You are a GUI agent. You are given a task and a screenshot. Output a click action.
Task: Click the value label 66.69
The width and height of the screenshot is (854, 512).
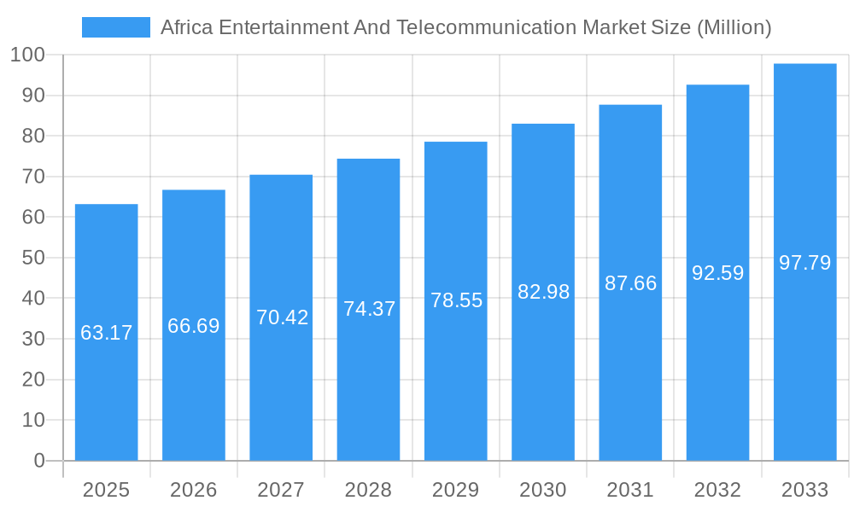[194, 326]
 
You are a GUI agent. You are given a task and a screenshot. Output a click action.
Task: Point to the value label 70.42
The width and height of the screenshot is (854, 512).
[282, 317]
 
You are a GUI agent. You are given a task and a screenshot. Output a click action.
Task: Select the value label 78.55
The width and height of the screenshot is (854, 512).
[456, 300]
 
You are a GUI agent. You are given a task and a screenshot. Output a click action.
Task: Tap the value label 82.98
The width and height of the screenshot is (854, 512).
[543, 292]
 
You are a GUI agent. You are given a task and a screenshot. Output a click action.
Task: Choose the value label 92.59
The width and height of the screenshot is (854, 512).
[717, 273]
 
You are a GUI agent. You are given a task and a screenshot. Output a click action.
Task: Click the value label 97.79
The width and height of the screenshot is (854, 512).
[804, 263]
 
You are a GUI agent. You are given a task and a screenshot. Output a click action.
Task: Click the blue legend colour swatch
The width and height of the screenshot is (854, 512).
[115, 27]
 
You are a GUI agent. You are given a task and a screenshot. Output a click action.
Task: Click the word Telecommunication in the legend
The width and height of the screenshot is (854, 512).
[487, 27]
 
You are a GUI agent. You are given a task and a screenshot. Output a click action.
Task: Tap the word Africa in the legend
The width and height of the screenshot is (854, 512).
[187, 27]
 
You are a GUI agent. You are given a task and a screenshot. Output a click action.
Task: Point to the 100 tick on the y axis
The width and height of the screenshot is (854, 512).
[27, 55]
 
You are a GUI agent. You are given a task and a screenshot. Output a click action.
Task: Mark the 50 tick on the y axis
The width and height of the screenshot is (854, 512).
[33, 258]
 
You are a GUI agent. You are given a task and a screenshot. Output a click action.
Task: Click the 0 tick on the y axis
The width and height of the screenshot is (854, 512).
[39, 461]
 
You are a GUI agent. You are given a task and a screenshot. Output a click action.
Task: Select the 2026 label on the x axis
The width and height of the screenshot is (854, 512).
[194, 490]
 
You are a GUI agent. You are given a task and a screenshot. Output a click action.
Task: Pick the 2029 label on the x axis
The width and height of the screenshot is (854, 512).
[456, 490]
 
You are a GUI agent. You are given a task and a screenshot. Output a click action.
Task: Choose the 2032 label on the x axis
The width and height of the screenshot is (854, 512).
[717, 490]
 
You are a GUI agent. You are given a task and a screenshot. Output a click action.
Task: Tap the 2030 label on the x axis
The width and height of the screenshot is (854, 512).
[543, 490]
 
